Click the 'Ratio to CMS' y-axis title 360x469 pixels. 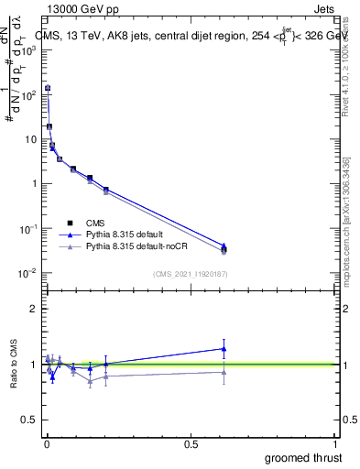(x=14, y=364)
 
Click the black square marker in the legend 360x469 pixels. (x=70, y=222)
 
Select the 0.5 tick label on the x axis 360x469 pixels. (x=191, y=444)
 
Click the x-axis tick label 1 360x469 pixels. (x=335, y=444)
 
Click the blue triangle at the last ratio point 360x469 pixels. (x=224, y=348)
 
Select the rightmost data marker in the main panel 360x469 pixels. (x=224, y=249)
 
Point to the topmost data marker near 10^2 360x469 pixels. (x=47, y=88)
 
